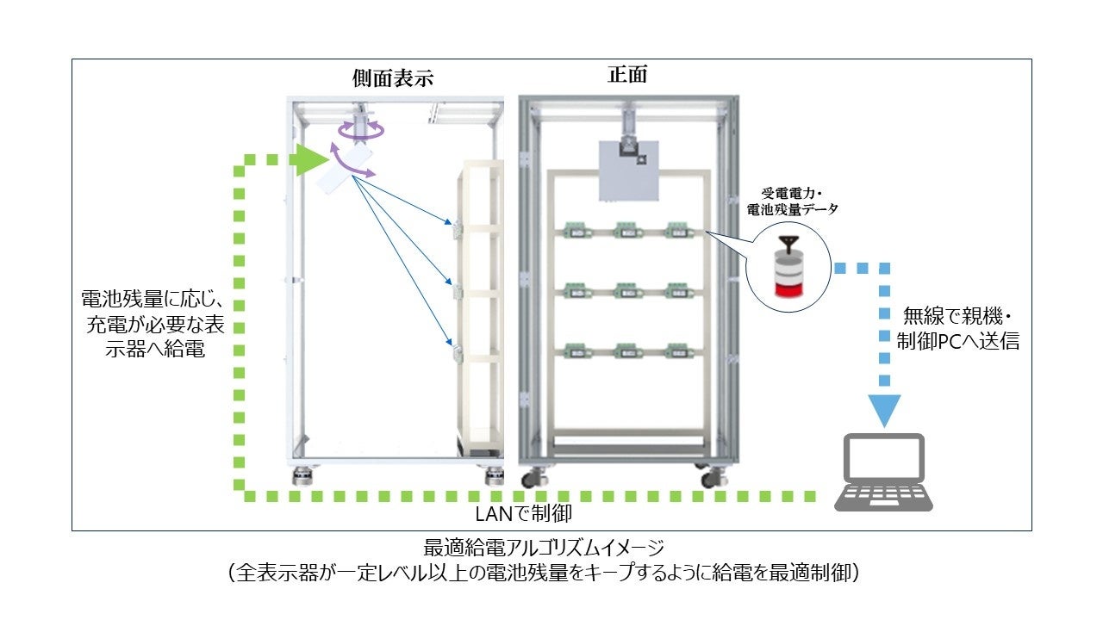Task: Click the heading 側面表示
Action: coord(392,78)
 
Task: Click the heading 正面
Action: coord(627,75)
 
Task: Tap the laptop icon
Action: coord(883,473)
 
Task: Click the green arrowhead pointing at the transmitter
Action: coord(312,159)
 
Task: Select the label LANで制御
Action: coord(524,514)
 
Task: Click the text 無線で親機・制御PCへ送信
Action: coord(957,328)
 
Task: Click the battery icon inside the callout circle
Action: coord(786,267)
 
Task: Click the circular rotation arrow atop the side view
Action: coord(361,130)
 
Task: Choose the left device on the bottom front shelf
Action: coord(575,351)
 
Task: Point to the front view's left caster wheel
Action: coord(539,476)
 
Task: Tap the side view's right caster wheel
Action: coord(495,474)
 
